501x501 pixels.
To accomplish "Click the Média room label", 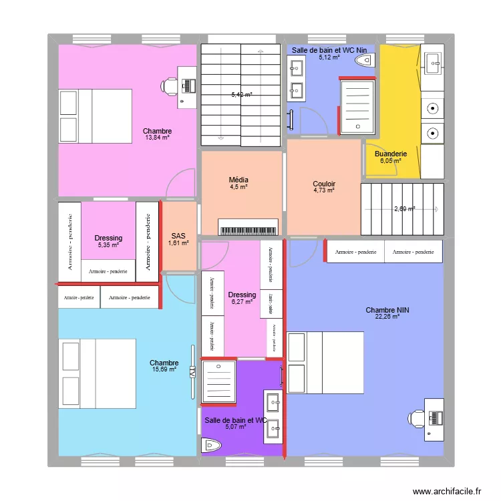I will [x=238, y=180].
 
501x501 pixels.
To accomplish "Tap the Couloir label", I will [x=324, y=184].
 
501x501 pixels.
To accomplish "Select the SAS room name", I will [x=178, y=236].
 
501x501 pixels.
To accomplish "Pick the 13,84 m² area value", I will [x=157, y=138].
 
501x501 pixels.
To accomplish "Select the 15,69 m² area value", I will [x=164, y=369].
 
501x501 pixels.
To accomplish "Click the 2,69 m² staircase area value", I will [x=404, y=208].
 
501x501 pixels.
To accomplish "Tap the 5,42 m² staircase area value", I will [x=242, y=95].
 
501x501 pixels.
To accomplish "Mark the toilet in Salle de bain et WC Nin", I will [x=365, y=61].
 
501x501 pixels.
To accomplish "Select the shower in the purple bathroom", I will [x=218, y=383].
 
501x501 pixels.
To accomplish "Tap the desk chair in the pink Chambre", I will [x=169, y=85].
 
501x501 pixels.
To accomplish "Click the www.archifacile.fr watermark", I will [x=447, y=490].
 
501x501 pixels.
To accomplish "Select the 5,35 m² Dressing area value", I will [x=108, y=245].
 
